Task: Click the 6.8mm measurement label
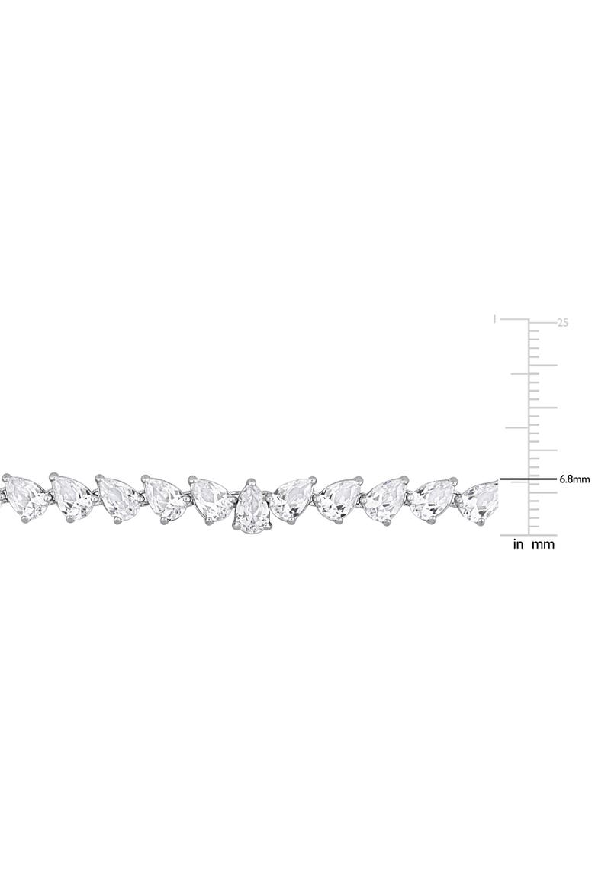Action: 574,479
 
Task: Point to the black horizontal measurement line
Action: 528,479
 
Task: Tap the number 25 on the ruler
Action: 562,322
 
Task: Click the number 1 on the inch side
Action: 495,319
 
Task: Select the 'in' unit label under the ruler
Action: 518,544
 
